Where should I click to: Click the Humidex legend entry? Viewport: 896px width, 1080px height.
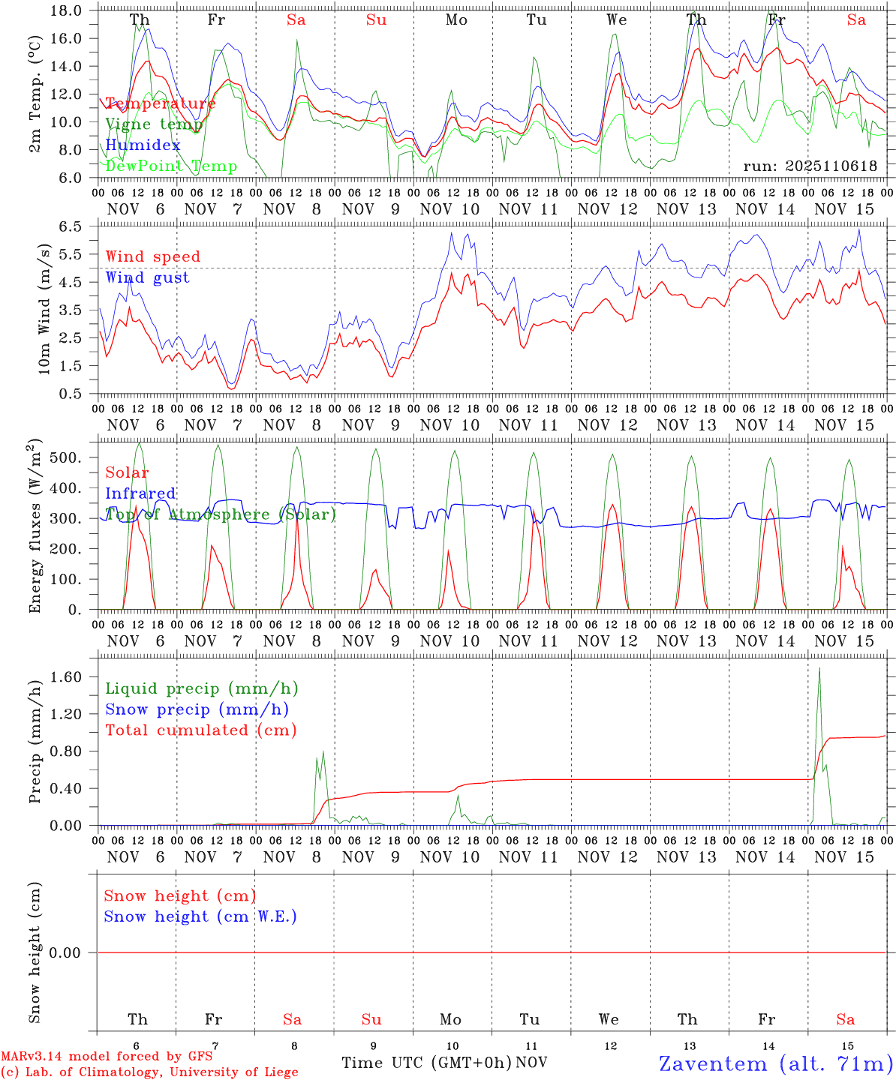click(143, 145)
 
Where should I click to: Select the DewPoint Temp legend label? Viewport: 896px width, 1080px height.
click(171, 166)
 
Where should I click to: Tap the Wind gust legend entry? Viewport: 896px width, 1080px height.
click(147, 277)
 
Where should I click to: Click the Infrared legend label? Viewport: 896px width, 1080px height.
click(140, 493)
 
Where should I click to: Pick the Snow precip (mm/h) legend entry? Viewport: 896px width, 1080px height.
click(197, 709)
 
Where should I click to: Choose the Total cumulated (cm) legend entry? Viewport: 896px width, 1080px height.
click(200, 730)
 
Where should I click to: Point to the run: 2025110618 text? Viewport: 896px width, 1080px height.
click(810, 166)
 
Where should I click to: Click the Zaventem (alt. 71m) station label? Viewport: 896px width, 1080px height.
click(776, 1063)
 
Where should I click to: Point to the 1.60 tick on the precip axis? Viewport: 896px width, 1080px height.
click(66, 677)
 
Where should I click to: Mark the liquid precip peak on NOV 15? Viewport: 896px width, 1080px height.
click(819, 667)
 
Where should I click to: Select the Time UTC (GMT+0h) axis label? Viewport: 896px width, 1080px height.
click(426, 1063)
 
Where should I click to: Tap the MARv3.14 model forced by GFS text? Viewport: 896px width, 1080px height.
click(107, 1057)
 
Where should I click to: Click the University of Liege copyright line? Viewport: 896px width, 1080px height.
click(149, 1072)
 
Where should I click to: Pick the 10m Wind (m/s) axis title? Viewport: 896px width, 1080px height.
click(44, 309)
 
